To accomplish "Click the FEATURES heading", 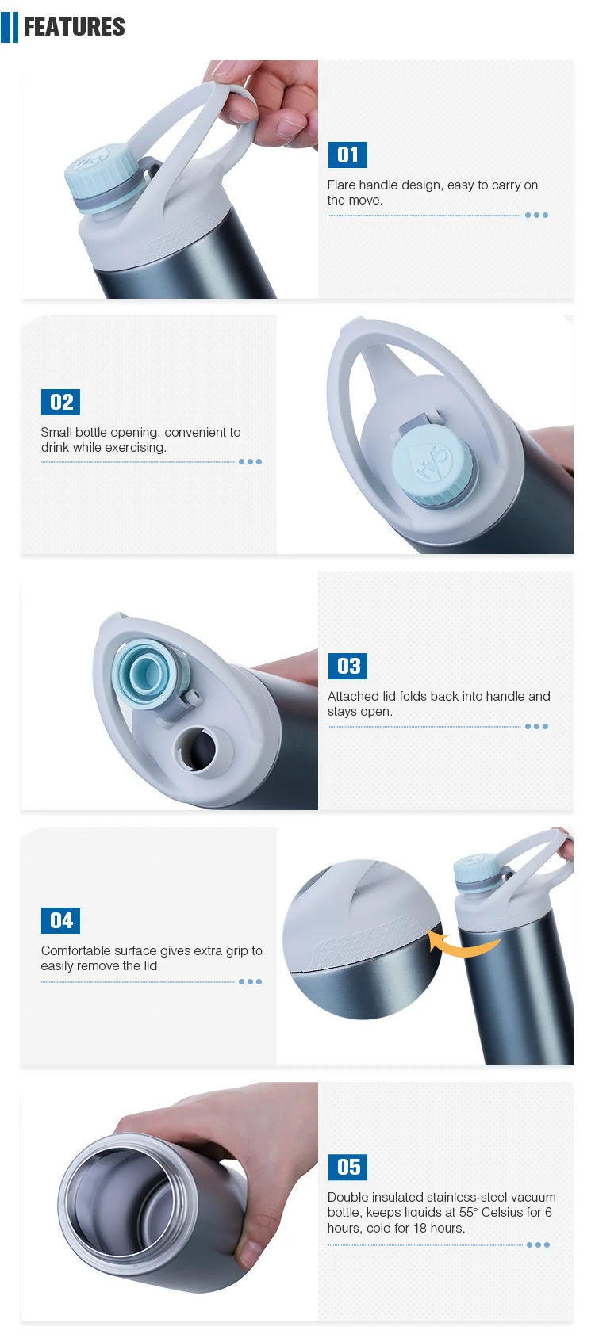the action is tap(74, 27).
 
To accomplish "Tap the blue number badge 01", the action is tap(347, 155).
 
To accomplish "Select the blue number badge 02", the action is tap(60, 402).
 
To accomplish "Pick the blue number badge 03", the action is tap(347, 666).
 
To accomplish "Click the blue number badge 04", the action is tap(60, 920).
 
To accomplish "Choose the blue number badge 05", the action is tap(347, 1167).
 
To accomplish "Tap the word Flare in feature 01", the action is tap(341, 185).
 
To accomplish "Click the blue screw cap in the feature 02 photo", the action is tap(433, 464).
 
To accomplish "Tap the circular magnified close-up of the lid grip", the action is tap(363, 939).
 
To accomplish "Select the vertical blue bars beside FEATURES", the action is tap(10, 27).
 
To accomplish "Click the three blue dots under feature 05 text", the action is tap(538, 1244).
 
